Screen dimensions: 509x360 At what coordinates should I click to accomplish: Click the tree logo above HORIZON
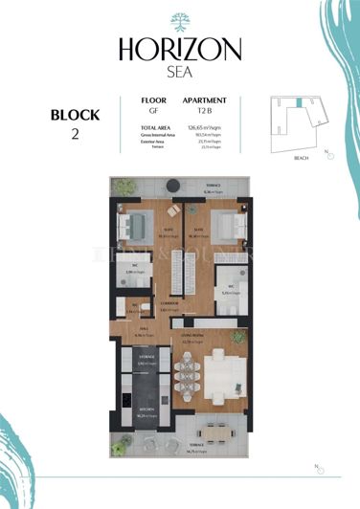point(180,22)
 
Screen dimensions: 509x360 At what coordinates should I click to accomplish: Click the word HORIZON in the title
point(180,48)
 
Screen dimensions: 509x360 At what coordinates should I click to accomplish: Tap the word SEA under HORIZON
point(180,70)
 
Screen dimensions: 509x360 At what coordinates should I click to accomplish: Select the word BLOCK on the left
point(75,115)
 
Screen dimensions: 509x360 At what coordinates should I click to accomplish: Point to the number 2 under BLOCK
point(75,134)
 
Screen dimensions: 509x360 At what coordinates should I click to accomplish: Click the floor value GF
point(147,110)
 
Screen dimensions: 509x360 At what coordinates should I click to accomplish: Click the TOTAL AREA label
point(155,127)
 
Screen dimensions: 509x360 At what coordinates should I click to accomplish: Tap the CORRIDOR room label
point(170,302)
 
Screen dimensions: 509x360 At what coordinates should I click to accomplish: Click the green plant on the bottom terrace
point(122,443)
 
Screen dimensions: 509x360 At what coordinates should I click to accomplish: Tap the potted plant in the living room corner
point(241,337)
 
